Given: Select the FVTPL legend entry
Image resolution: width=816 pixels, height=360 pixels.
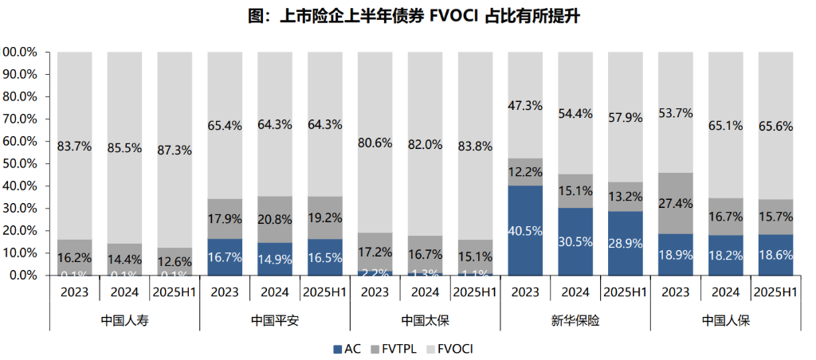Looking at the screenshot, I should click(395, 349).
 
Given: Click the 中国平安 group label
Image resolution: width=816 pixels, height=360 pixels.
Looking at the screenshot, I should click(274, 321).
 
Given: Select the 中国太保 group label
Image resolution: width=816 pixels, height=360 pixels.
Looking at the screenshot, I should click(424, 321).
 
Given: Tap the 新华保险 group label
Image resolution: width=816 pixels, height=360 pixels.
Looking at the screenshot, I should click(574, 321).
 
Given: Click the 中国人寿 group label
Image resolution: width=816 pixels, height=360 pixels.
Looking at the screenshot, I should click(124, 321).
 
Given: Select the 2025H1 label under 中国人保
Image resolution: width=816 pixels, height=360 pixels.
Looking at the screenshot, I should click(775, 292).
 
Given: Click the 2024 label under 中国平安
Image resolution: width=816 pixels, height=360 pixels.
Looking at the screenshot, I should click(274, 292).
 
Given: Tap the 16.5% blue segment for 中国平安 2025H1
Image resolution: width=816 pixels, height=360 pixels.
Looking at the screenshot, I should click(324, 257).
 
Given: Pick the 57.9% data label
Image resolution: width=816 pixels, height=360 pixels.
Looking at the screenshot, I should click(624, 118).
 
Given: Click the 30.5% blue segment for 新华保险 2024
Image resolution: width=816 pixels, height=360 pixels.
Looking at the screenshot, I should click(575, 242).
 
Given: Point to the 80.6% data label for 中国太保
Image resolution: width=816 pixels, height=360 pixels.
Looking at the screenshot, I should click(375, 144).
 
